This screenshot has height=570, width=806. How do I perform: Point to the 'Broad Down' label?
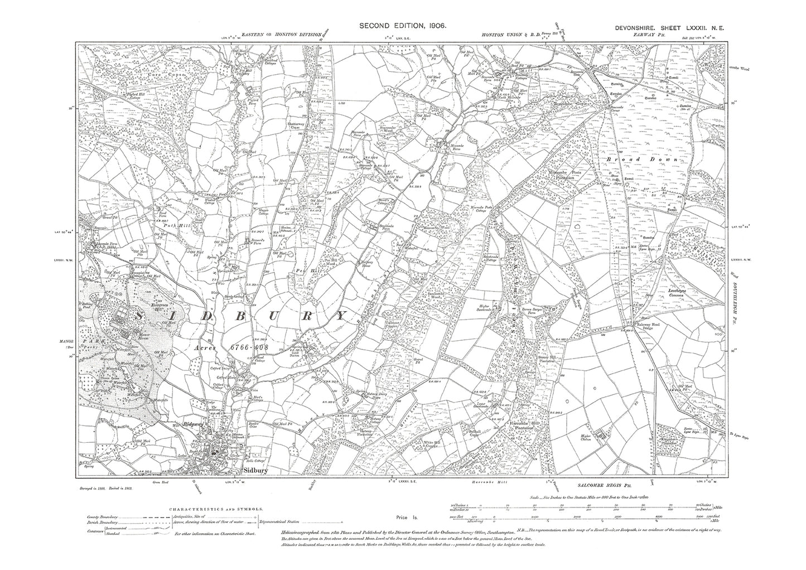(x=641, y=160)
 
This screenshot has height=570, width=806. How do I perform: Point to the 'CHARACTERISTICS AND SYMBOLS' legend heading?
(x=216, y=509)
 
